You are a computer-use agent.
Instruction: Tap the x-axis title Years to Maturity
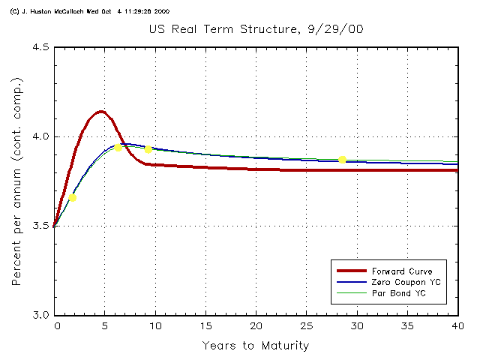click(255, 346)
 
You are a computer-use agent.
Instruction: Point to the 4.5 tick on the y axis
click(40, 47)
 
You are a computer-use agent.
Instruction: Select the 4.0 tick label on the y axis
click(40, 136)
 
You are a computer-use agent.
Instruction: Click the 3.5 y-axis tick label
click(40, 226)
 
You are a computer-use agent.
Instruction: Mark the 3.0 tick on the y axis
click(40, 315)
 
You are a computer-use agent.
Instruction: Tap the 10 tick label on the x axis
click(155, 326)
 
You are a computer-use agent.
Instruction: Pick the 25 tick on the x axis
click(306, 326)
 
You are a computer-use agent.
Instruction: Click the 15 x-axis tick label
click(205, 326)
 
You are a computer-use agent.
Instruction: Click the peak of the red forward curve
click(100, 112)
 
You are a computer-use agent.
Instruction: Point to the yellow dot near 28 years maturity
click(342, 159)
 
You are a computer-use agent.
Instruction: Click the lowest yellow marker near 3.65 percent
click(73, 198)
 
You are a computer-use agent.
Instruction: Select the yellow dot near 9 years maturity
click(148, 149)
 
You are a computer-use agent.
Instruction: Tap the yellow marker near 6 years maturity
click(118, 147)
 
